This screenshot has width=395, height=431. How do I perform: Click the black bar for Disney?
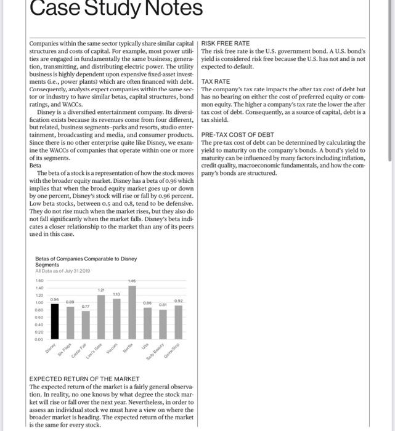(x=54, y=321)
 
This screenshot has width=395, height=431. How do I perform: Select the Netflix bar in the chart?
(x=132, y=312)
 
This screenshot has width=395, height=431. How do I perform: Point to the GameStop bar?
(x=178, y=322)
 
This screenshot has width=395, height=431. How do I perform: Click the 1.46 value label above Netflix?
(x=132, y=281)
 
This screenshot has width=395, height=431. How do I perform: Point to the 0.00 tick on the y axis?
(x=39, y=338)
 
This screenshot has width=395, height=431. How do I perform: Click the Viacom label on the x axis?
(x=114, y=348)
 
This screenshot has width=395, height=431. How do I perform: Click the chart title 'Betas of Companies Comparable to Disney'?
(x=86, y=259)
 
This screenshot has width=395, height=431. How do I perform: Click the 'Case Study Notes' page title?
(x=116, y=9)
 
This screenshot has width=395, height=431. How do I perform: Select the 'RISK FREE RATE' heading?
(x=226, y=44)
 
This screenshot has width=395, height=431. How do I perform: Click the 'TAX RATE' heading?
(x=215, y=81)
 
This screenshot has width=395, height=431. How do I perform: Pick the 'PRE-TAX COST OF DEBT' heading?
(x=238, y=134)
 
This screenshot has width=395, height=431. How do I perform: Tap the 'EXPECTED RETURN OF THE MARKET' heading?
(x=85, y=379)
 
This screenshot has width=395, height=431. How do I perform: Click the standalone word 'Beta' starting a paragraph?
(x=36, y=165)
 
